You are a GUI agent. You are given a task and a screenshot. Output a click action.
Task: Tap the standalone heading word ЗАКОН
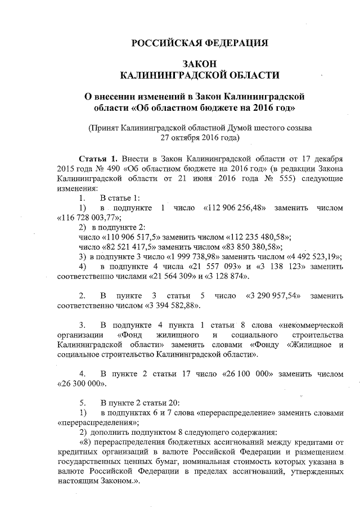point(200,63)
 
